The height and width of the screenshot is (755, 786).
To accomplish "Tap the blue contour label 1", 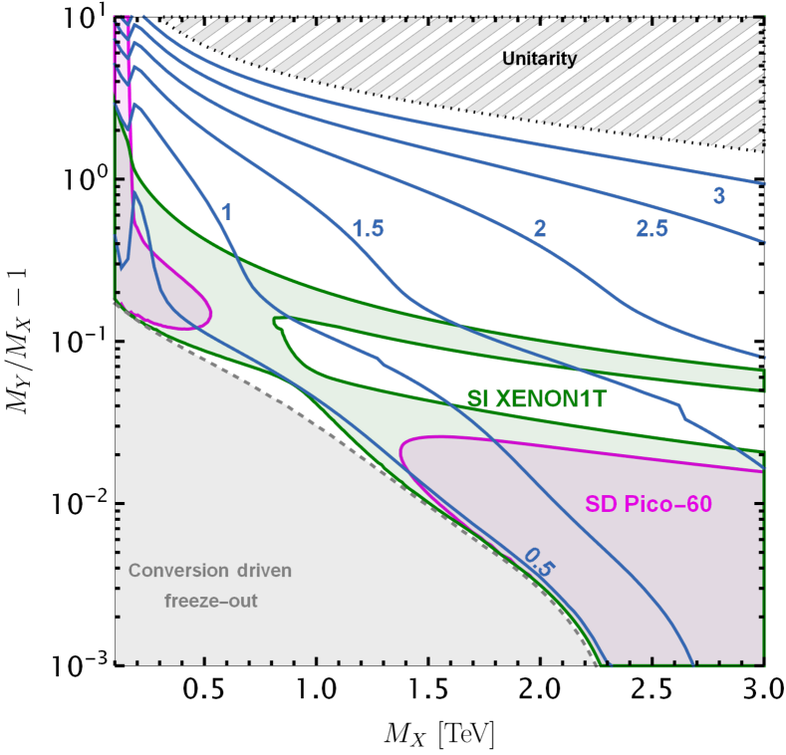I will click(226, 212).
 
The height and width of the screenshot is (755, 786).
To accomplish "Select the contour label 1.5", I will click(368, 229).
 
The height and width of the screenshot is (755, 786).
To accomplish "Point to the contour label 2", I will click(540, 229).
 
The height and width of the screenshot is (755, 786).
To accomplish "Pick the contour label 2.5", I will click(652, 229).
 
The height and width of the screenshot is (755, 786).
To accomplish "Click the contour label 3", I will click(718, 196).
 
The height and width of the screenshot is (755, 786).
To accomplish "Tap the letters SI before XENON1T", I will click(479, 398).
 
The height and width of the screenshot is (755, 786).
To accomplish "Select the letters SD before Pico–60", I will click(601, 505).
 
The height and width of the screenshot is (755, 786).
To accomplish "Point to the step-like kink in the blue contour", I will click(681, 409).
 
